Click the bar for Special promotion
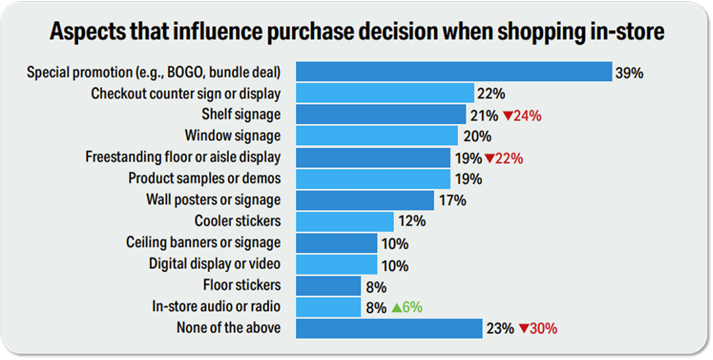click(454, 71)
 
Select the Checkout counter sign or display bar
click(384, 93)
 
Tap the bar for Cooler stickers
click(345, 222)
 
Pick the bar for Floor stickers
click(328, 286)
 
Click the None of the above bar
click(389, 328)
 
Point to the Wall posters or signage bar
click(365, 200)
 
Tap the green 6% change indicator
click(406, 307)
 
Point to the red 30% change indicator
click(538, 328)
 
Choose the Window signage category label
click(232, 136)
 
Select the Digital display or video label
click(214, 264)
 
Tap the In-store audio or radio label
click(217, 307)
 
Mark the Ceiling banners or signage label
click(203, 242)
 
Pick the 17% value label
click(452, 200)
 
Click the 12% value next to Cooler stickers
click(412, 222)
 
